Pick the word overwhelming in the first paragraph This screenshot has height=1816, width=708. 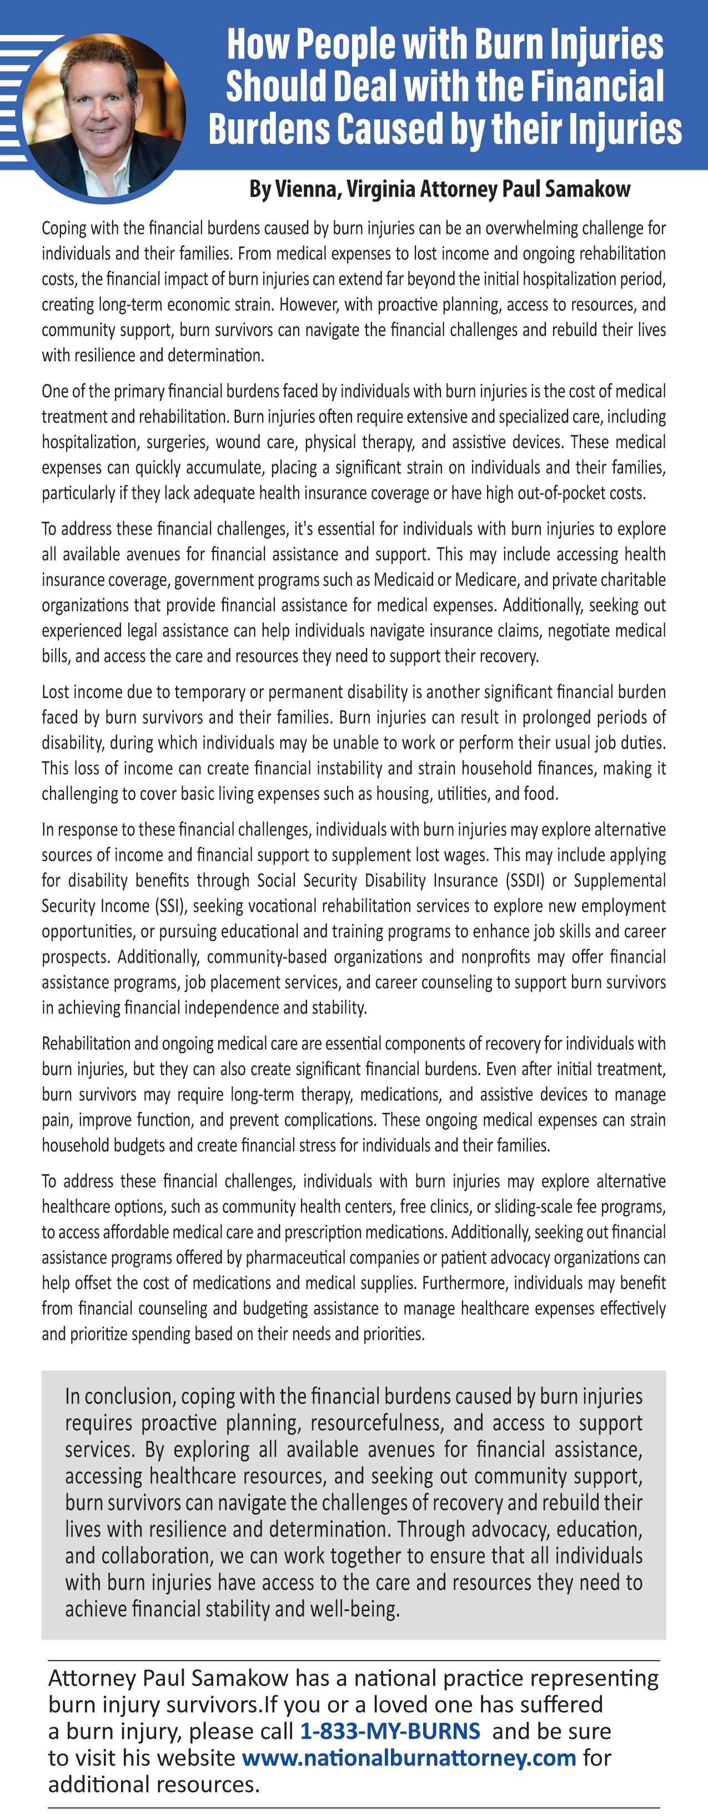(529, 228)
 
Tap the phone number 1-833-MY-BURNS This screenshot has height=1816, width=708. (390, 1730)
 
